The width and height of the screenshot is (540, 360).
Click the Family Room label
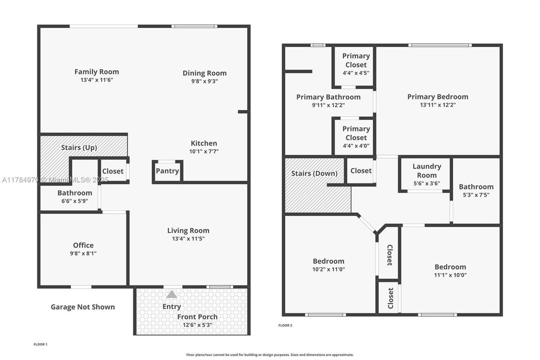[97, 71]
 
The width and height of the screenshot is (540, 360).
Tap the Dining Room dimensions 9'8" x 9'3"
[205, 81]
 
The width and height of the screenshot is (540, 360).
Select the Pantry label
[167, 171]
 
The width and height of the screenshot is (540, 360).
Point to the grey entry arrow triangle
[171, 294]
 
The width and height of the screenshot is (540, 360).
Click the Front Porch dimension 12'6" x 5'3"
[197, 325]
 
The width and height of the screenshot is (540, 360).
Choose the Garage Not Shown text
[82, 307]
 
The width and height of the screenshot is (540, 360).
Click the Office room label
[83, 245]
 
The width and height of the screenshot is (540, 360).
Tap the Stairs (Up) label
[79, 147]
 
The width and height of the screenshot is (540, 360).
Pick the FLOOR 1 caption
[40, 344]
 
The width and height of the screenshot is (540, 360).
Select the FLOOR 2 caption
[285, 325]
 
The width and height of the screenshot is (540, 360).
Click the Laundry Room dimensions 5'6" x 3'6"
[427, 183]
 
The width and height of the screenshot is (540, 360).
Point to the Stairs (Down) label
[314, 173]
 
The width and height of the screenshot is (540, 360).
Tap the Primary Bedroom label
[438, 97]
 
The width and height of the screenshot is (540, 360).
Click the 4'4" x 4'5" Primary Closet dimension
[356, 73]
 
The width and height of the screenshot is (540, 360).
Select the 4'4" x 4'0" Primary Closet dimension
[356, 146]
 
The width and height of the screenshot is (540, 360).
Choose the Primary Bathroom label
[329, 97]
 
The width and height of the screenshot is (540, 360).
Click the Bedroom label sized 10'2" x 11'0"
[329, 261]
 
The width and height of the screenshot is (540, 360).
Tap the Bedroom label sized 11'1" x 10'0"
[451, 267]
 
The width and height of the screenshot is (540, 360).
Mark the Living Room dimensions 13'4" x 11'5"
[188, 238]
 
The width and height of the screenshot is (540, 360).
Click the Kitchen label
[204, 143]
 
